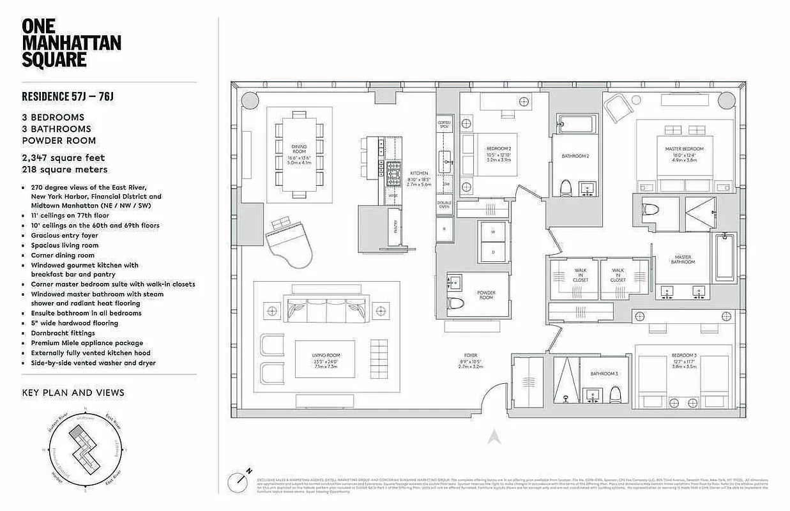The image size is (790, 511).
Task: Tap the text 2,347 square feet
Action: click(x=63, y=158)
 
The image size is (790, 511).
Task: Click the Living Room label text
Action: click(x=326, y=359)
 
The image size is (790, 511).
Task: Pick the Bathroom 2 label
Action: click(x=575, y=156)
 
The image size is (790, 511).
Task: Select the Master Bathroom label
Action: click(x=681, y=260)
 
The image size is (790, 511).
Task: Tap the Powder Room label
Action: click(x=486, y=295)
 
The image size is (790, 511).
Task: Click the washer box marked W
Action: click(x=493, y=233)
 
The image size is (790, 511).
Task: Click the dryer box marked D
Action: click(x=493, y=252)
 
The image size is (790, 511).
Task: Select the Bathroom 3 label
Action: click(x=604, y=374)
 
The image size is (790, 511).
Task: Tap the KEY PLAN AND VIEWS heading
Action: click(x=73, y=392)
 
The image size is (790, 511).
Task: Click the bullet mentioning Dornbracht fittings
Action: click(x=63, y=333)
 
